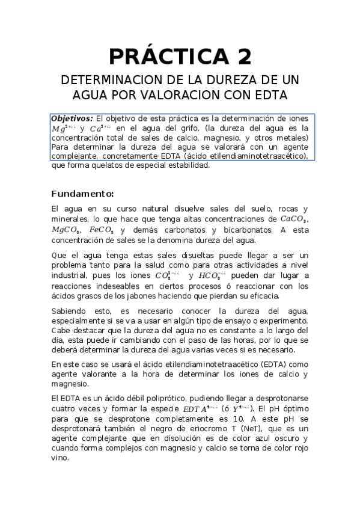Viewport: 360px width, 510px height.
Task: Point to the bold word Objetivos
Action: tap(72, 118)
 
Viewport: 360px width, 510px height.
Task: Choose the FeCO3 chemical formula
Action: tap(101, 230)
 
